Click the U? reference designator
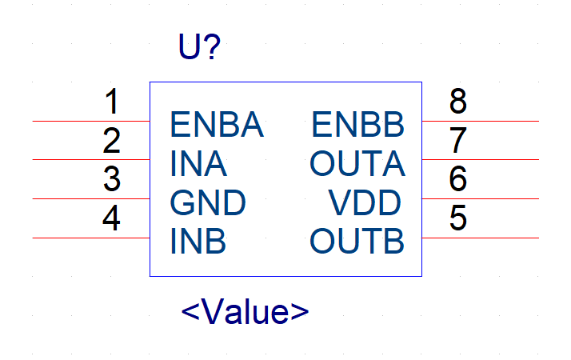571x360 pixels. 199,46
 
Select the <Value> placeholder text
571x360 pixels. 245,311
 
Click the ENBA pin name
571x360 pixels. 217,125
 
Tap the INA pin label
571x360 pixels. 198,164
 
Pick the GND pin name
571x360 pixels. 208,202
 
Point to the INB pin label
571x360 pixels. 198,241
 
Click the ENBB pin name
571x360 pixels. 358,125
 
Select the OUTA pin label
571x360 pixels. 357,164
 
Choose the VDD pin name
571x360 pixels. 365,202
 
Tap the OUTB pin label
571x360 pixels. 357,241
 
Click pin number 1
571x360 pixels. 112,102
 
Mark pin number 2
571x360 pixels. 111,140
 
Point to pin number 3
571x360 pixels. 112,179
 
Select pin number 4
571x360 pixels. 111,218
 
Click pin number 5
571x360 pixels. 458,218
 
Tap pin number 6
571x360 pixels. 458,179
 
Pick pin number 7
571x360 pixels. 458,140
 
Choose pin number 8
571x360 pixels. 458,102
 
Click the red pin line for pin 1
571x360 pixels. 91,121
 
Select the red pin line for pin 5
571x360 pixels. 481,238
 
